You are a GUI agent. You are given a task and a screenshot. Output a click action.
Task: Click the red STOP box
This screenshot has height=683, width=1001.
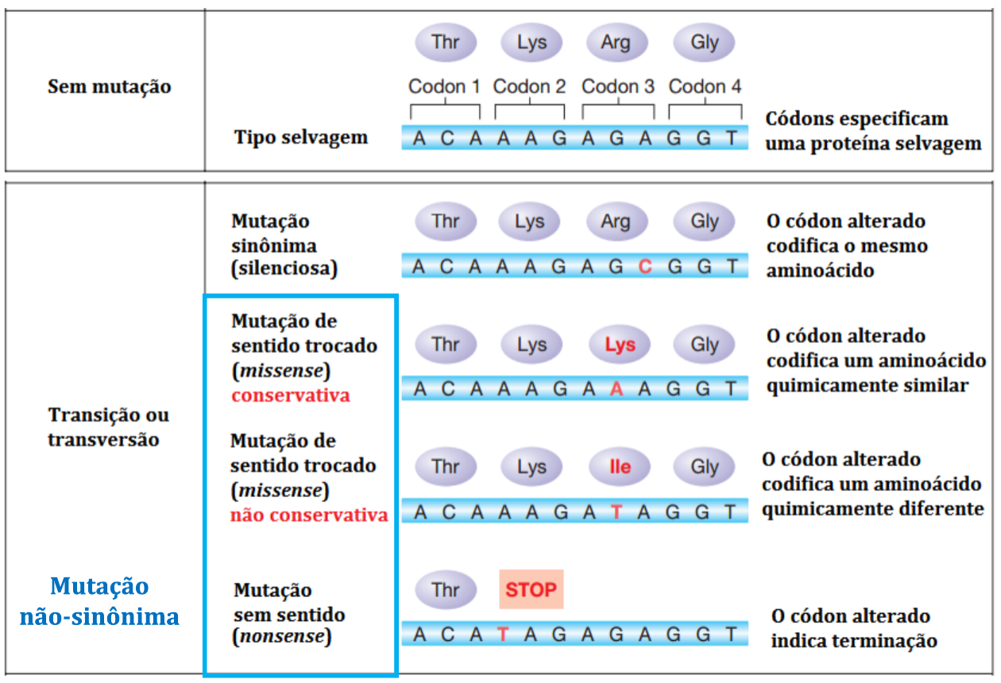(531, 589)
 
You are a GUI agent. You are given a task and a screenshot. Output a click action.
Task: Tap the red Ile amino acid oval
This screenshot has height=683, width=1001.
(620, 467)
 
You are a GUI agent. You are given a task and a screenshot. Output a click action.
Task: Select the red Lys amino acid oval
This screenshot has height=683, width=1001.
(620, 345)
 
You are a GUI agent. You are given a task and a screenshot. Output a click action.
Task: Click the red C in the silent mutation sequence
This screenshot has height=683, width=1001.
(645, 267)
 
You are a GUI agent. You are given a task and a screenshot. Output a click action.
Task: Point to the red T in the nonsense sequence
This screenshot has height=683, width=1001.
(503, 634)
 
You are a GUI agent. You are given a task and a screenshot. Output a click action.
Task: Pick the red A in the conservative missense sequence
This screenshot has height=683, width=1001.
(616, 389)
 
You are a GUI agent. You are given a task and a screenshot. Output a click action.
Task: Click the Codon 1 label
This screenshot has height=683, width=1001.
(444, 87)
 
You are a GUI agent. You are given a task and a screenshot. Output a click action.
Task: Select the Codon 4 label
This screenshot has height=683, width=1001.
(705, 87)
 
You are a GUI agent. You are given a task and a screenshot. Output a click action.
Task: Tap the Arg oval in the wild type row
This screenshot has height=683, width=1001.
(616, 42)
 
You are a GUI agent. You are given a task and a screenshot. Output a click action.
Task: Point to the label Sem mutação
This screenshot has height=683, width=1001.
(110, 87)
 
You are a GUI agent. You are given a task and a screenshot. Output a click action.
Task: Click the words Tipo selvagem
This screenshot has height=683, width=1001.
(301, 137)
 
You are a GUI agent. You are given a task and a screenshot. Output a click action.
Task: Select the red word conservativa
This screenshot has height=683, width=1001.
(291, 395)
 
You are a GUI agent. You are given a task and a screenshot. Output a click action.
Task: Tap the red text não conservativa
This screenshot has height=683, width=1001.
(309, 515)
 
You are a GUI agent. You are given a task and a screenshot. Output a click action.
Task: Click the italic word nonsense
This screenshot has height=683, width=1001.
(281, 637)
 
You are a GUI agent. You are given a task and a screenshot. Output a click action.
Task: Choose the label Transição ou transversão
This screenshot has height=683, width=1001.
(109, 427)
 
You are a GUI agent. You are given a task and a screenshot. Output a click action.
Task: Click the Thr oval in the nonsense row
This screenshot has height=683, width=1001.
(446, 590)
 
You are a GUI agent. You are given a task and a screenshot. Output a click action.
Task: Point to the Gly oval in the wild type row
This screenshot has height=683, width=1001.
(705, 42)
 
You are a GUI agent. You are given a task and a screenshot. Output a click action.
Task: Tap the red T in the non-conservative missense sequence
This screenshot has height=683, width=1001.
(616, 512)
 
